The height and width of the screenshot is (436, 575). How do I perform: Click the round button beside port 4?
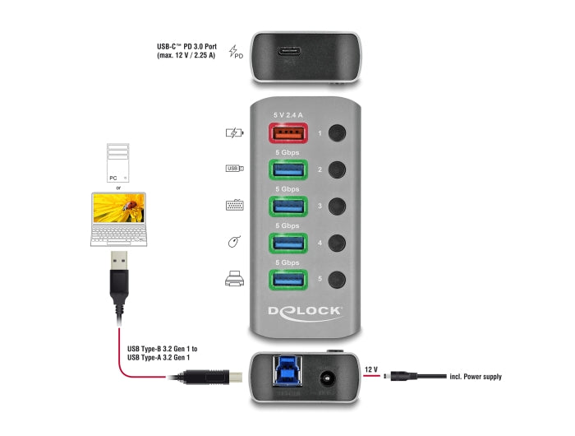click(336, 243)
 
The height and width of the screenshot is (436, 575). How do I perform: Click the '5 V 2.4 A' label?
click(288, 114)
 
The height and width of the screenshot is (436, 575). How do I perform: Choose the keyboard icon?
click(235, 206)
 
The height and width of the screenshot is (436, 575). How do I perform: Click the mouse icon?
click(234, 243)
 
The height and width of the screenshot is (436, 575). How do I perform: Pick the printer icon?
click(235, 280)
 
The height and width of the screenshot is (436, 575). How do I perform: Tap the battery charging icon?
click(235, 132)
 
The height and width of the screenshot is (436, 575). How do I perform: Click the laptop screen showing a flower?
click(118, 209)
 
